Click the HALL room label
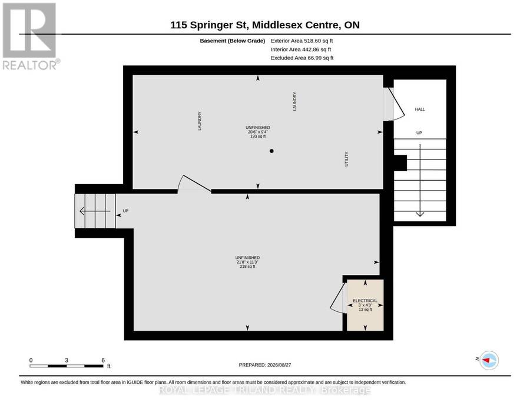420,109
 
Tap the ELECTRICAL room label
365,301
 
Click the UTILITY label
346,159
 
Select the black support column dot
271,151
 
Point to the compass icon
489,360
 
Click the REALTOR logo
31,36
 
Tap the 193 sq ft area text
258,137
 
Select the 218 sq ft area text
247,267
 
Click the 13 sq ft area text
365,310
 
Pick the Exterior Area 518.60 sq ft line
302,41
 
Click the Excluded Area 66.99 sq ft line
302,58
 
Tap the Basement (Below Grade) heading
232,41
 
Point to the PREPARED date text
265,365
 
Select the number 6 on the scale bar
103,360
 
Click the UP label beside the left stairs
125,211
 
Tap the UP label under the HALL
419,133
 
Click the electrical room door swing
337,297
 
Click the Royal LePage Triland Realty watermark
264,390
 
